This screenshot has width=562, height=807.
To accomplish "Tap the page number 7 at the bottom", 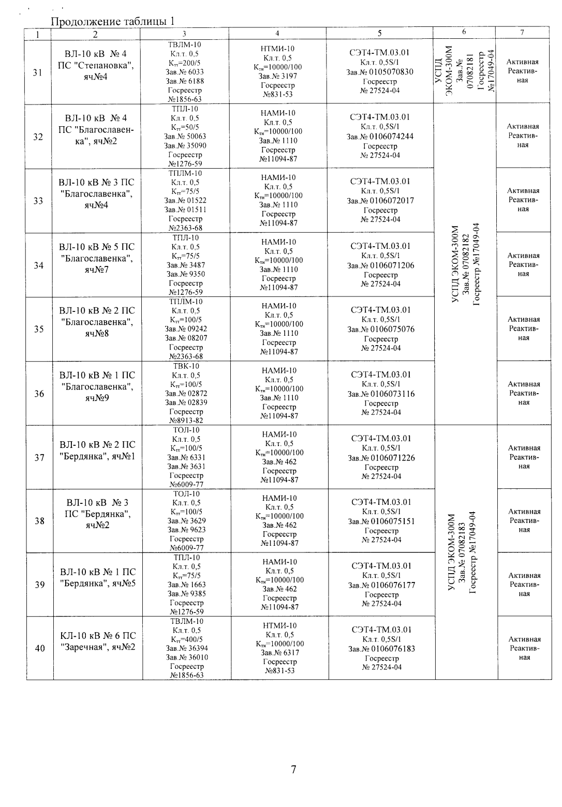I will tap(293, 770).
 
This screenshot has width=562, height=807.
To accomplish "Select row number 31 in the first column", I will tap(37, 72).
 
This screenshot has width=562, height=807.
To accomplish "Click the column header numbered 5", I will tap(379, 33).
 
